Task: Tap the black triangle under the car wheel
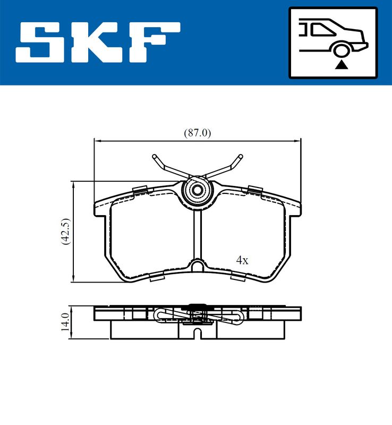[342, 65]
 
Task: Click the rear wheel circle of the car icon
[342, 50]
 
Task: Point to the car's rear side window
[322, 29]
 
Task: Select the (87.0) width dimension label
[198, 133]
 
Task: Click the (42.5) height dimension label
[66, 232]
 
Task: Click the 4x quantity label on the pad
[242, 260]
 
